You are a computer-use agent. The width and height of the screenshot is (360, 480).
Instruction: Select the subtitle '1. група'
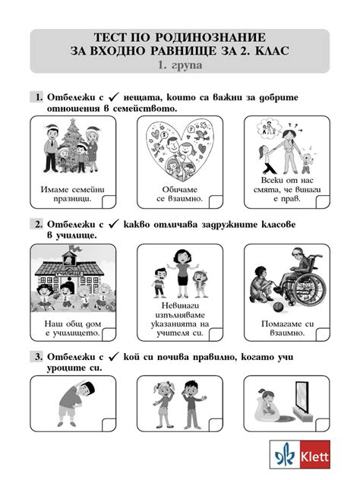point(180,66)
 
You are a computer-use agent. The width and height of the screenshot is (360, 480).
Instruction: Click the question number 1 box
point(35,98)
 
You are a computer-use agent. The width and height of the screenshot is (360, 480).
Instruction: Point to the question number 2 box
point(35,226)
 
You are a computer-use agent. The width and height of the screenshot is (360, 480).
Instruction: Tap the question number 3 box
point(35,356)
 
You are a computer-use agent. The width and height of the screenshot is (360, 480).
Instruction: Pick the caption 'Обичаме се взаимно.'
point(180,193)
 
